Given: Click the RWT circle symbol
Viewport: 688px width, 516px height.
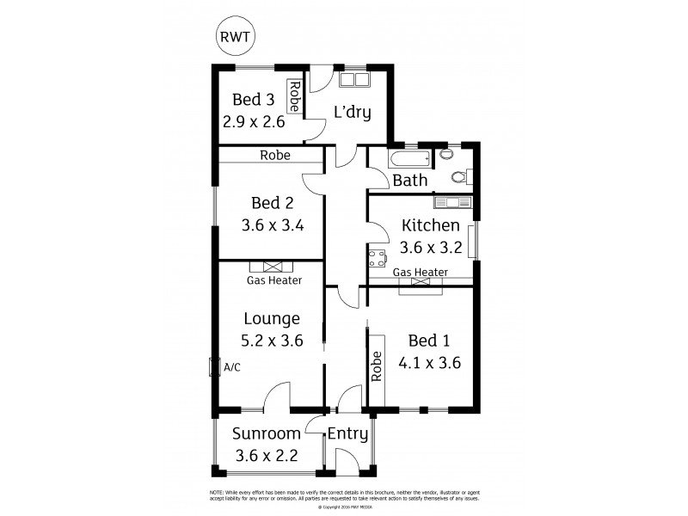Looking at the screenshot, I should [236, 38].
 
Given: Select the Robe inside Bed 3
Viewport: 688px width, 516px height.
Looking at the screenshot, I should [294, 97].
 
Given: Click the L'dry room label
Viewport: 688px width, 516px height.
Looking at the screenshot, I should [353, 112].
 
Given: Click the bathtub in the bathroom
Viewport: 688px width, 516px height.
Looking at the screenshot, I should [408, 159].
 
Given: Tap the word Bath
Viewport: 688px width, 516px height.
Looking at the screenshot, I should [409, 181].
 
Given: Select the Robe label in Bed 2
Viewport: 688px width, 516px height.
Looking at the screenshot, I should [275, 156].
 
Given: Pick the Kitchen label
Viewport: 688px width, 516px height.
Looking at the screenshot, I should [430, 226].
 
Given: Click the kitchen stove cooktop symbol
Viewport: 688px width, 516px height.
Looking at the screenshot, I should [377, 257].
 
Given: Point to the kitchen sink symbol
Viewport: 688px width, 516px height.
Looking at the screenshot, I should [451, 202].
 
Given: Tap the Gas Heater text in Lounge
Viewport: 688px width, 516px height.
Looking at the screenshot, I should [274, 280].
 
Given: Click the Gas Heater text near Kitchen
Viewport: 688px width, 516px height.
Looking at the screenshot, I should [421, 273].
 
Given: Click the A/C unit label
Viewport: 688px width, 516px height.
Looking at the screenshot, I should [231, 367].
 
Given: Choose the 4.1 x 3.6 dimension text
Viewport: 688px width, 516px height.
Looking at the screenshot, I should [430, 363].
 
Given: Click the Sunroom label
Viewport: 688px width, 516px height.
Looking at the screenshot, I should [267, 433].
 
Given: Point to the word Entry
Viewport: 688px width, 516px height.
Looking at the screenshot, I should [347, 433].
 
